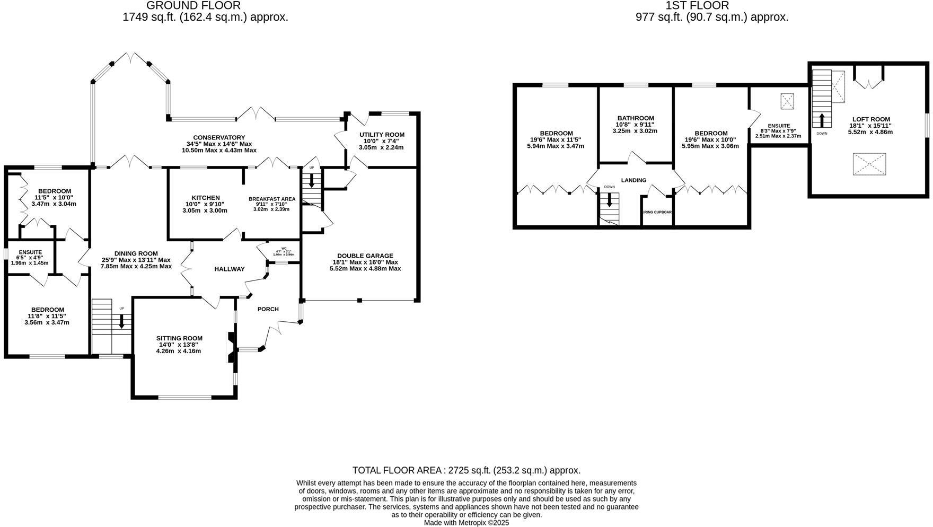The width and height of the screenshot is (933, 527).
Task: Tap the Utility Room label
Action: tap(382, 135)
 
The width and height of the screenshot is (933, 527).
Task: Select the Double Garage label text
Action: tap(365, 256)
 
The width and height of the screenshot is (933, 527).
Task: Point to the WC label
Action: tap(284, 249)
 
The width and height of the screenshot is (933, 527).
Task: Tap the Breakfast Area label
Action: tap(272, 199)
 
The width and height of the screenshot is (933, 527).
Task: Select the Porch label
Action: tap(268, 309)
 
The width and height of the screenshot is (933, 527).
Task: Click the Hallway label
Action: tap(229, 269)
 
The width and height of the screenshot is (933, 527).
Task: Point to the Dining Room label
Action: tap(136, 253)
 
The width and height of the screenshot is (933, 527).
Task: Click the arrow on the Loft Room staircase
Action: tap(822, 119)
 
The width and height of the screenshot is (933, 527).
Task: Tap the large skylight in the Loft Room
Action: tap(869, 164)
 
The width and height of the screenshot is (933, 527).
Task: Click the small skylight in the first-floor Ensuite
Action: tap(787, 101)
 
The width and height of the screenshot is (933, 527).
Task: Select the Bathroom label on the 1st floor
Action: tap(636, 118)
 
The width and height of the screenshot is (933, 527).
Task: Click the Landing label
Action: tap(633, 180)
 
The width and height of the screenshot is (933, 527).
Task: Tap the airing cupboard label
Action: tap(657, 212)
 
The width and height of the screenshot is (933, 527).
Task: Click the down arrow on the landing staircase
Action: tap(610, 200)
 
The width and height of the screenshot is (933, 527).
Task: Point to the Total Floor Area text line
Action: tap(466, 470)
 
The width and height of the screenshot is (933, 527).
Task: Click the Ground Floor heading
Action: tap(193, 5)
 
